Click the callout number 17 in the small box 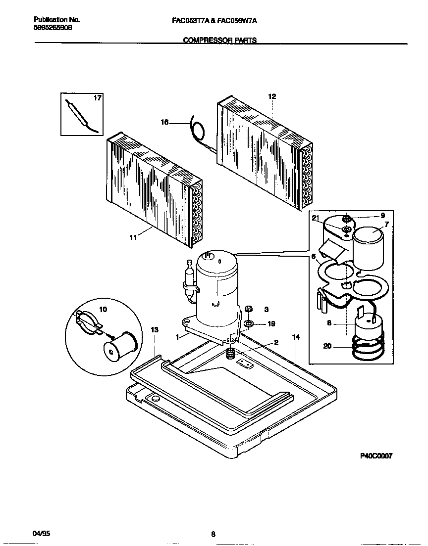click(x=98, y=98)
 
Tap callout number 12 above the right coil click(x=272, y=96)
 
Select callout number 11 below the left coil click(x=132, y=237)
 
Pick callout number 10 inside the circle click(x=103, y=310)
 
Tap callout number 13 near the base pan click(x=155, y=329)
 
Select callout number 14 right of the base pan click(x=296, y=337)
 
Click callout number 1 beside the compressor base click(x=177, y=337)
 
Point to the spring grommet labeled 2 click(x=230, y=354)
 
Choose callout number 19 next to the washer click(x=271, y=324)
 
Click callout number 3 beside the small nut click(x=266, y=310)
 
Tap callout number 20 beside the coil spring click(x=327, y=346)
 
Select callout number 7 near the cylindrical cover click(x=387, y=225)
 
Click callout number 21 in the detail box click(x=316, y=218)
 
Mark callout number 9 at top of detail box click(x=382, y=216)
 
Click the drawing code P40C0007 click(x=375, y=456)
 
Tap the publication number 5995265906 click(x=53, y=29)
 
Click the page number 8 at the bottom click(x=213, y=534)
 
